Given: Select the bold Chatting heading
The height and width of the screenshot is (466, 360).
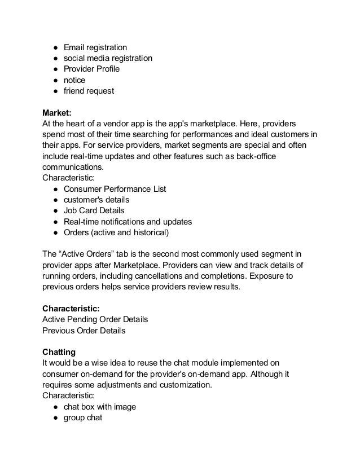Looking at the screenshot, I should coord(60,351).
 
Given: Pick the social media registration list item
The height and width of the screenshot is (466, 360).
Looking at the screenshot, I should coord(107,59).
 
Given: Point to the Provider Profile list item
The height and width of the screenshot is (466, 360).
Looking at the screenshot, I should coord(91,69).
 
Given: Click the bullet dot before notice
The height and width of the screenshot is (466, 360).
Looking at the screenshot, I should coord(51,80).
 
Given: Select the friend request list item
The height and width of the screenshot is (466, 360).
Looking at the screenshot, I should coord(89,91).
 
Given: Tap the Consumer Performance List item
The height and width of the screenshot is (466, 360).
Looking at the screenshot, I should coord(115,189).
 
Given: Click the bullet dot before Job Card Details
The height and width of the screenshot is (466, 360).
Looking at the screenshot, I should coord(51,210).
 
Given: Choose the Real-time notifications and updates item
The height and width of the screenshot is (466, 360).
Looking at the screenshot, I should coord(128,221).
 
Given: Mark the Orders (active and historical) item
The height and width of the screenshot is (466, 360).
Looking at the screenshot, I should coord(116,232).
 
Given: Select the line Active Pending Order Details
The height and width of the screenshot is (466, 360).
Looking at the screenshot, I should coord(95,319).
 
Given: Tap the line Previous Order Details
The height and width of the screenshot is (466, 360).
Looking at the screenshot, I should coord(84,330).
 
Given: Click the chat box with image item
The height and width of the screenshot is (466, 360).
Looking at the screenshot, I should coord(100,407).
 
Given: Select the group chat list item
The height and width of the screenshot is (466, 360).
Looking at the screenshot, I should coord(82,418).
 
